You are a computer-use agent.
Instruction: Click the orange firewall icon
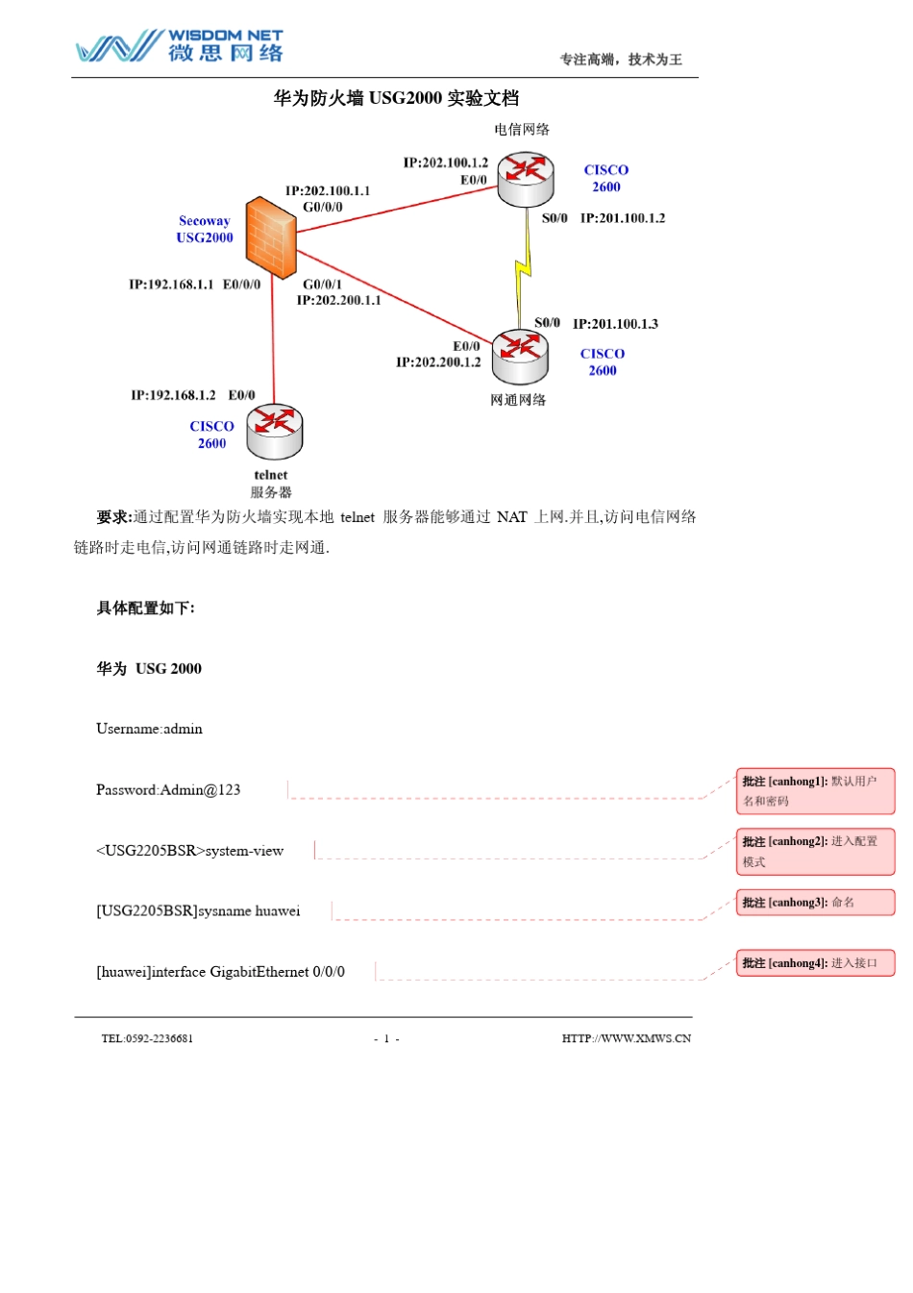click(270, 237)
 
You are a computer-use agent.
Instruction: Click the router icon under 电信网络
click(526, 178)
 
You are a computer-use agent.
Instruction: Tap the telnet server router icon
click(274, 431)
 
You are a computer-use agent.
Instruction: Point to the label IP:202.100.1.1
click(327, 190)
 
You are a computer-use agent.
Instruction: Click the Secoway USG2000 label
click(205, 230)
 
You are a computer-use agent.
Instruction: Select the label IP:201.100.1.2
click(622, 218)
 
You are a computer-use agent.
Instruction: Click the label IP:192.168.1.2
click(173, 395)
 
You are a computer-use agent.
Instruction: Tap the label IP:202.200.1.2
click(438, 362)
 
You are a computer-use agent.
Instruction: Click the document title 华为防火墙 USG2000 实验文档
click(396, 98)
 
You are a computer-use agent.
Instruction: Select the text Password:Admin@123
click(168, 790)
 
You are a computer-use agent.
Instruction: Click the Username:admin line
click(149, 729)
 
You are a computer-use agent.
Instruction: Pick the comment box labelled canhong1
click(815, 790)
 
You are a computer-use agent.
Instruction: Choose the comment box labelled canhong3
click(815, 903)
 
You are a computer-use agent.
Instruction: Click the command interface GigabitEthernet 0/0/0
click(220, 972)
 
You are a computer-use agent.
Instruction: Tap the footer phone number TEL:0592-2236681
click(147, 1038)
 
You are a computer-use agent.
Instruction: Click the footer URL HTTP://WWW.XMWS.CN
click(626, 1038)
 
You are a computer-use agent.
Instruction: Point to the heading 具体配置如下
click(145, 609)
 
